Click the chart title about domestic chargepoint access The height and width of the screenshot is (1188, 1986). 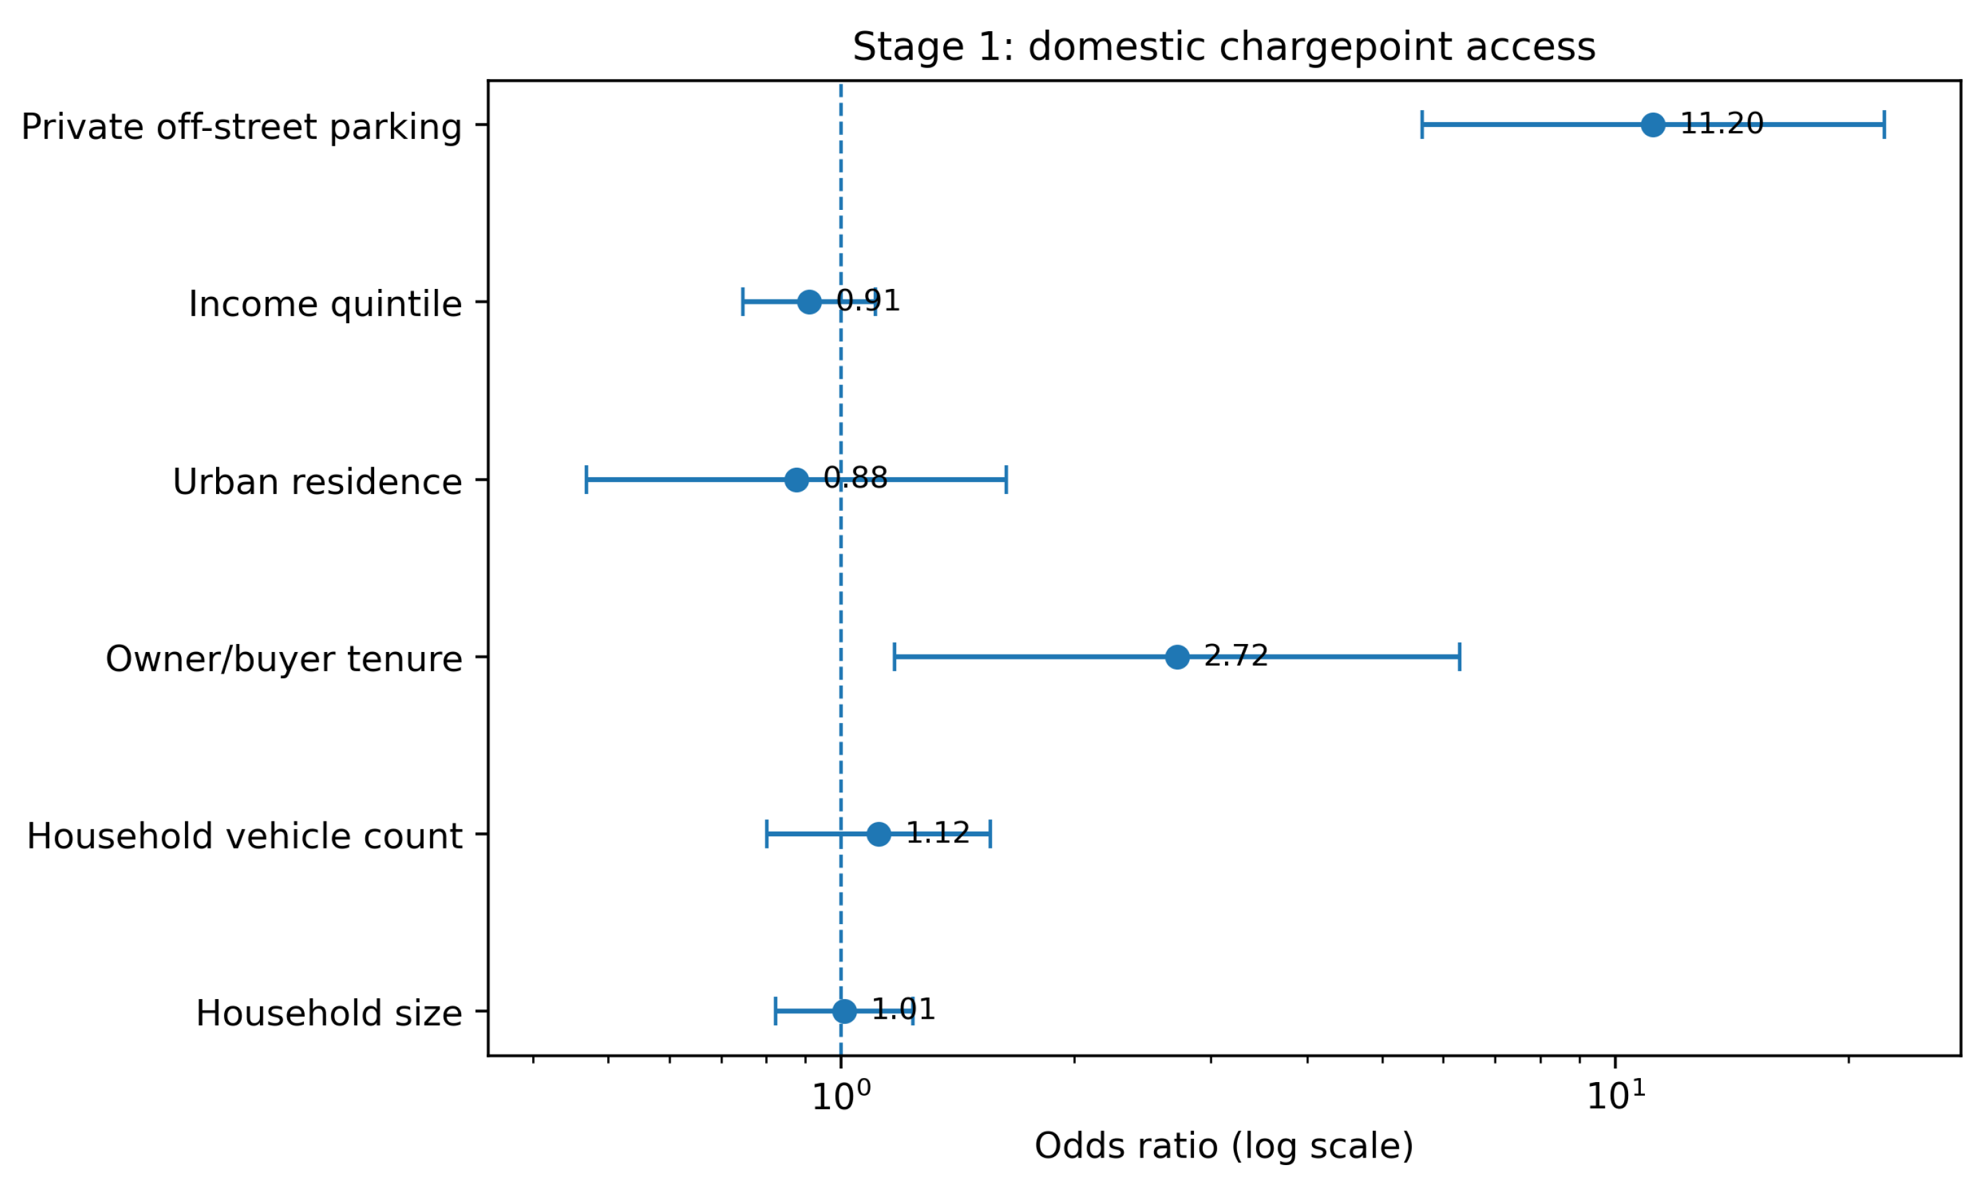[1224, 47]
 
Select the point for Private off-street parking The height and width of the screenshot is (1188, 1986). [1653, 125]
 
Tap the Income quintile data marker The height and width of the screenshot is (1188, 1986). [809, 302]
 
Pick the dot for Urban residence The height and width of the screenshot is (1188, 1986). [796, 479]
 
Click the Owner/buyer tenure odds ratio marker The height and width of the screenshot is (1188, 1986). [1177, 657]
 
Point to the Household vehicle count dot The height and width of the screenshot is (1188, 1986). [879, 834]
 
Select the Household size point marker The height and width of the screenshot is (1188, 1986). [844, 1011]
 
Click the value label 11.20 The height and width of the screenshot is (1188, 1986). [1722, 124]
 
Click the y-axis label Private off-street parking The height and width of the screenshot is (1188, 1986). [242, 128]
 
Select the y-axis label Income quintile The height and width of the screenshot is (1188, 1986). [325, 304]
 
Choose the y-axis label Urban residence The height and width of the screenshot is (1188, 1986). [317, 482]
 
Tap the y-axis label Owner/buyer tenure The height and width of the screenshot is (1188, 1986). [284, 659]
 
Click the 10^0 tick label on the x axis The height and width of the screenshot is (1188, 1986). [841, 1096]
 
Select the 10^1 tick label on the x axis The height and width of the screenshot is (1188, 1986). [1616, 1096]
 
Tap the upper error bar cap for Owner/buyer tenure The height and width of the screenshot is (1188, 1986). [1460, 657]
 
